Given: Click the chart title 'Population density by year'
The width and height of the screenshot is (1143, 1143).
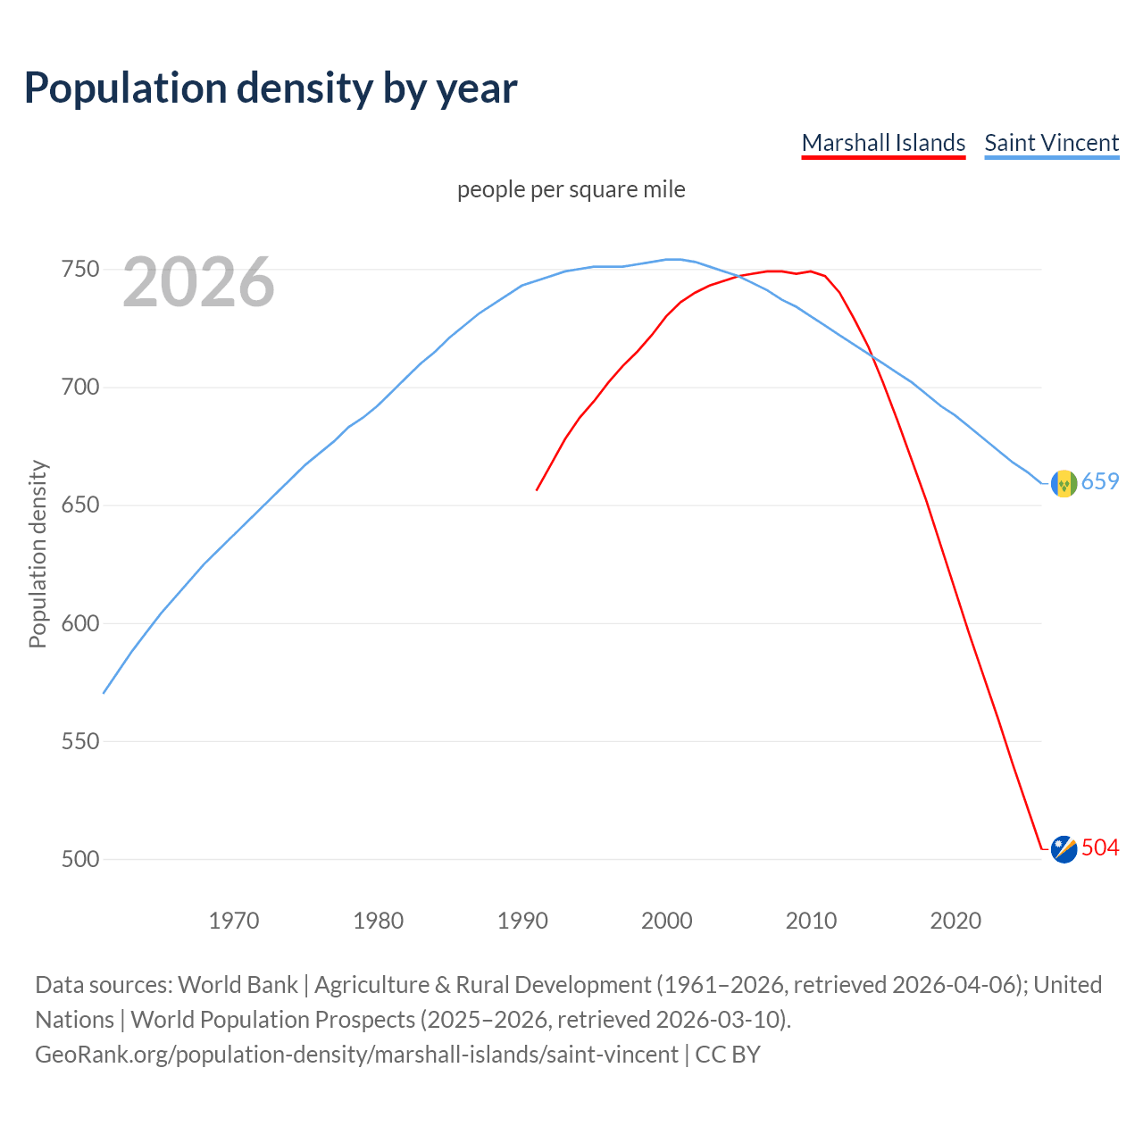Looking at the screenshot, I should click(x=271, y=88).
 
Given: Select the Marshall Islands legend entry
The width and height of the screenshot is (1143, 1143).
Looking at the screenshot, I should click(x=883, y=143).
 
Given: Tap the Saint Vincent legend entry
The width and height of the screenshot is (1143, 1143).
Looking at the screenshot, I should click(x=1051, y=143).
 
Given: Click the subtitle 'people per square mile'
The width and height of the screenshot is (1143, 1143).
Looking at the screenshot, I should click(x=571, y=189).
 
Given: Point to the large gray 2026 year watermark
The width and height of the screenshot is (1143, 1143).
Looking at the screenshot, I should click(x=198, y=282).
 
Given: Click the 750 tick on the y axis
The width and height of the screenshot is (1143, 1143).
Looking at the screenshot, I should click(x=79, y=270).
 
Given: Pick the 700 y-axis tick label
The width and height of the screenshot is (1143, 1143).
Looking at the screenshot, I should click(x=79, y=388).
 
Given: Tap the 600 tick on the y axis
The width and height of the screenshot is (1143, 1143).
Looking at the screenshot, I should click(x=79, y=623).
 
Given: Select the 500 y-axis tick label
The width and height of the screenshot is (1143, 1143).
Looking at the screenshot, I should click(x=79, y=859).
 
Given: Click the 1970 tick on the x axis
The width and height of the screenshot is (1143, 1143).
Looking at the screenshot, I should click(x=234, y=920).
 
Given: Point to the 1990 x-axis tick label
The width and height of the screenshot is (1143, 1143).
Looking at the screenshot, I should click(x=522, y=920).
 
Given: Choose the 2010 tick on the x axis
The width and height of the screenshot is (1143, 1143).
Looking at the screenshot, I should click(x=811, y=920).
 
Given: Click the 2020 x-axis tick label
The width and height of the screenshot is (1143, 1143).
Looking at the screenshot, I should click(x=955, y=920).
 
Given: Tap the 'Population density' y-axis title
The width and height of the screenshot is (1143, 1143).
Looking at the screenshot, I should click(x=38, y=554).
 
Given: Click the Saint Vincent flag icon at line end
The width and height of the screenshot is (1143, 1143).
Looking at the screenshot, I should click(x=1064, y=483).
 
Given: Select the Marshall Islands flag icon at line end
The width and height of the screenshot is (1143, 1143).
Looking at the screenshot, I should click(x=1064, y=849).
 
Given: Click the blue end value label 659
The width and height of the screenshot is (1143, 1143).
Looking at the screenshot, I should click(x=1100, y=482).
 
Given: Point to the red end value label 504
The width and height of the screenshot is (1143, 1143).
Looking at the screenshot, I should click(x=1100, y=848).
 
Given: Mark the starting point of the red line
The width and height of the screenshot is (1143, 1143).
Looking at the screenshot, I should click(x=537, y=489).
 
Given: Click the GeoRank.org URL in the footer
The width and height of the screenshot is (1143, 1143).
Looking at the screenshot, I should click(x=356, y=1055).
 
